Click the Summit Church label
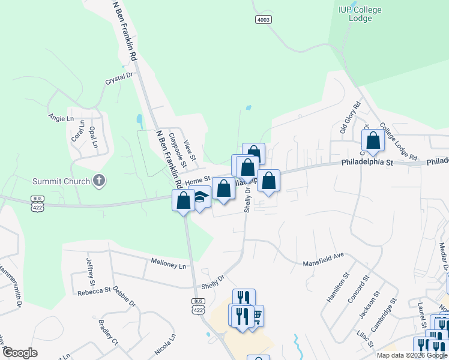tap(58, 181)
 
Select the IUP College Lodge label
tap(360, 14)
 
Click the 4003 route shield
tap(263, 20)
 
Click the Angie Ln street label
tap(61, 118)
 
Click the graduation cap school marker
tap(200, 197)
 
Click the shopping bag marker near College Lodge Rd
tap(373, 141)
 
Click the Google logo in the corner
tap(20, 353)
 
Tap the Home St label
tap(197, 180)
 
